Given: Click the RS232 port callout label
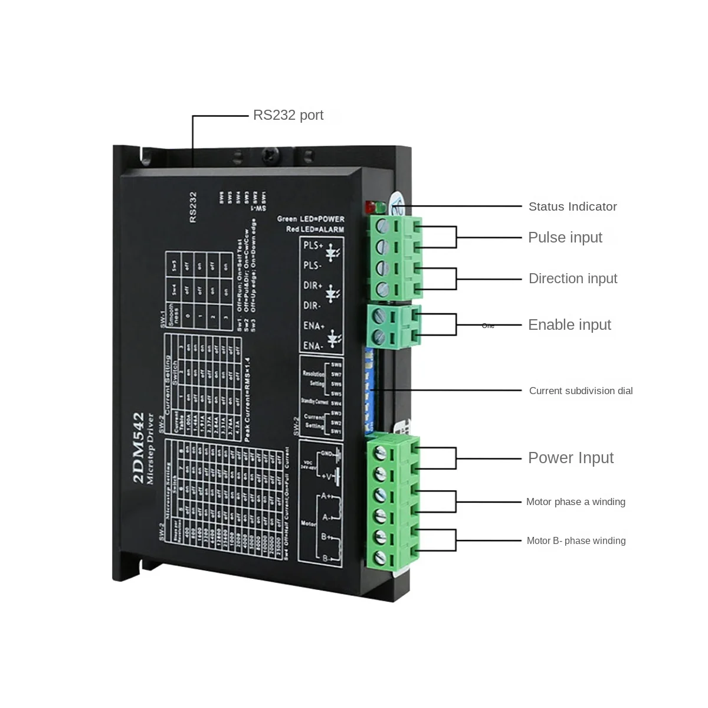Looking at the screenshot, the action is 288,115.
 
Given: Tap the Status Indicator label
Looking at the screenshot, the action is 572,206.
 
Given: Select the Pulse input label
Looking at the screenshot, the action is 565,237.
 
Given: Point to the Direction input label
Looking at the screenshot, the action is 572,278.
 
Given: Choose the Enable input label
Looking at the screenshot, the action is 569,324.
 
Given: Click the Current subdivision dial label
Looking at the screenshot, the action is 581,391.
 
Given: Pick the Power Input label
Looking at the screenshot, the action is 571,458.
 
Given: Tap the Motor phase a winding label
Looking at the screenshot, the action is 575,502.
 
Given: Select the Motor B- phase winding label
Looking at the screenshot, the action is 576,540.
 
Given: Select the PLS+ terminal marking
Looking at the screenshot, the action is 313,245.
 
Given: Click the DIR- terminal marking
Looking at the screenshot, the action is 312,306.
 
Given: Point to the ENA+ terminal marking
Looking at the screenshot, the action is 313,326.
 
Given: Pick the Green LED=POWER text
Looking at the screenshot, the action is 310,219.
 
